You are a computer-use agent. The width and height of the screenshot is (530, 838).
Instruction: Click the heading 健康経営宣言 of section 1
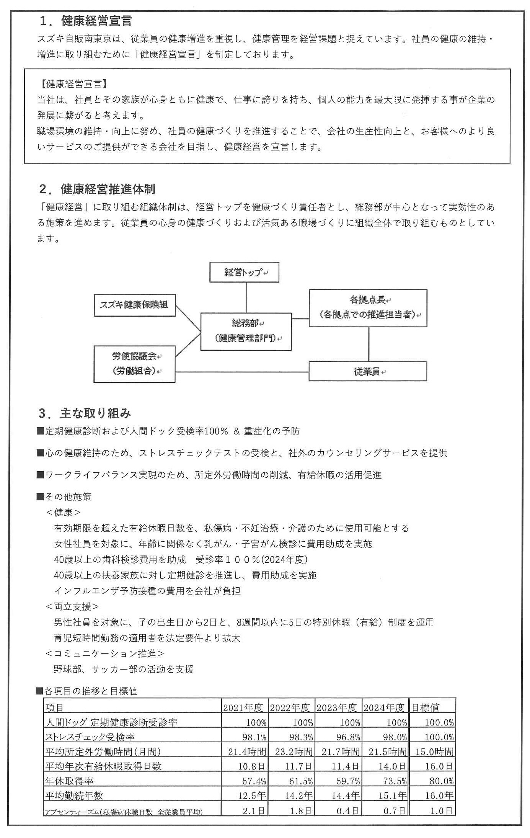pyautogui.click(x=96, y=21)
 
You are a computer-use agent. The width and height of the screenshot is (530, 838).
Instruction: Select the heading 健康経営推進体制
pyautogui.click(x=108, y=189)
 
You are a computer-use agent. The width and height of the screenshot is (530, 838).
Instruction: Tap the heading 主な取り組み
pyautogui.click(x=95, y=413)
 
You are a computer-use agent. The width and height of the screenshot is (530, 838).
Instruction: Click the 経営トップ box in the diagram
pyautogui.click(x=244, y=273)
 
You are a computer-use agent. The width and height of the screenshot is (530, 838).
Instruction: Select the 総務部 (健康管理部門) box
pyautogui.click(x=246, y=331)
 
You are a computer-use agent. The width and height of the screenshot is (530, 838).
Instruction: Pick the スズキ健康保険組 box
pyautogui.click(x=134, y=305)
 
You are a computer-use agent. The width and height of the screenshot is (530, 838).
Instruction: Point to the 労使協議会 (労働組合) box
pyautogui.click(x=134, y=364)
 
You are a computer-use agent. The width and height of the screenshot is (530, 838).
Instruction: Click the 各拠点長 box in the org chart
pyautogui.click(x=368, y=308)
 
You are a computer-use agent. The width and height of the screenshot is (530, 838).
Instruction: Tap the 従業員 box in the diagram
pyautogui.click(x=368, y=371)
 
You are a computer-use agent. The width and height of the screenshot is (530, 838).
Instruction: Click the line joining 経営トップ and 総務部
pyautogui.click(x=246, y=297)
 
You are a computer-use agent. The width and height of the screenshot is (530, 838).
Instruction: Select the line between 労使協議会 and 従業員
pyautogui.click(x=242, y=372)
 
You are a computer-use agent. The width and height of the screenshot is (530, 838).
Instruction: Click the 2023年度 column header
pyautogui.click(x=337, y=708)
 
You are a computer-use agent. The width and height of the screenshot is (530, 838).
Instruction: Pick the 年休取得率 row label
pyautogui.click(x=69, y=781)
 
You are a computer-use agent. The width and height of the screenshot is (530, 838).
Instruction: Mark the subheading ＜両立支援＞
pyautogui.click(x=72, y=606)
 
